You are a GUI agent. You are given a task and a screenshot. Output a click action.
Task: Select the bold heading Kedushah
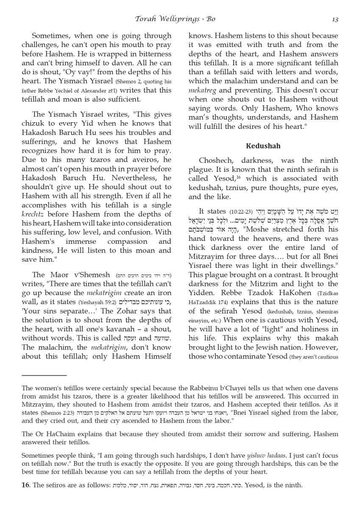pyautogui.click(x=263, y=146)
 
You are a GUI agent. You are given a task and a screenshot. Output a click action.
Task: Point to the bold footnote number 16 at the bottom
pyautogui.click(x=25, y=485)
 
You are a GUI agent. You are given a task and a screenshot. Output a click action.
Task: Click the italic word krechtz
pyautogui.click(x=34, y=214)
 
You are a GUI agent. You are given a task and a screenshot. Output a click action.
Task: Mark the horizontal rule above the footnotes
pyautogui.click(x=44, y=375)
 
